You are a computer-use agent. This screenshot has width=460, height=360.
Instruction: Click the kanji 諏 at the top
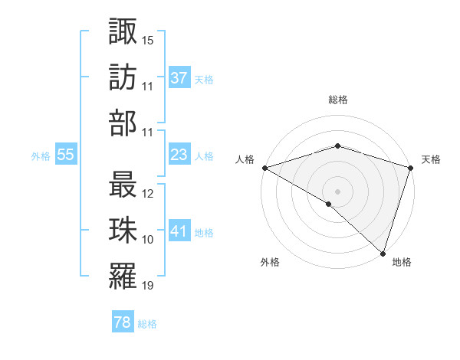click(x=123, y=32)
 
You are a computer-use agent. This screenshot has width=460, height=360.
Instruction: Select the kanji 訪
click(x=123, y=78)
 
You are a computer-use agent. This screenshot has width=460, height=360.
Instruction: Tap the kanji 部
click(x=123, y=123)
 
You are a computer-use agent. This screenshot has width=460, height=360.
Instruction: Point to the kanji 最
click(x=123, y=186)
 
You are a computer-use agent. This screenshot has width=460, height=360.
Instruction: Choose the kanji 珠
click(x=123, y=232)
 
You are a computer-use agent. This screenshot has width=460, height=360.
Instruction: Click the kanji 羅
click(x=123, y=277)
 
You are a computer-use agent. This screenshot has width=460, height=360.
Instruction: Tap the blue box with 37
click(x=179, y=78)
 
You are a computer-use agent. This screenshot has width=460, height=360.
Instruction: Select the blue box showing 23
click(x=179, y=155)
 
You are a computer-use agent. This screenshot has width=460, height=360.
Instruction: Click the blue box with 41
click(x=179, y=232)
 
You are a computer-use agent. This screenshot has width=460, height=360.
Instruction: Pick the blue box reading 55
click(x=65, y=155)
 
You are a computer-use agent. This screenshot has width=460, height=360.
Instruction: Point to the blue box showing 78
click(x=122, y=323)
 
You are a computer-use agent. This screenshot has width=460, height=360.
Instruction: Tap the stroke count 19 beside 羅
click(x=148, y=286)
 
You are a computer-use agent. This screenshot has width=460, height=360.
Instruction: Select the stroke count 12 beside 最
click(x=148, y=195)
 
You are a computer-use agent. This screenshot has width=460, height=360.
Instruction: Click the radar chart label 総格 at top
click(x=337, y=100)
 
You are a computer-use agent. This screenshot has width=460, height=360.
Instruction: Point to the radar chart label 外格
click(x=269, y=262)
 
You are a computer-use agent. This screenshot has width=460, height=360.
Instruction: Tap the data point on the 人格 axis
click(x=264, y=167)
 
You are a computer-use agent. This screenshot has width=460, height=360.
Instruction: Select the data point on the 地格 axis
click(x=383, y=253)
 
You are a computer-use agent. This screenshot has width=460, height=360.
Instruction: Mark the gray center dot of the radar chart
click(x=337, y=191)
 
